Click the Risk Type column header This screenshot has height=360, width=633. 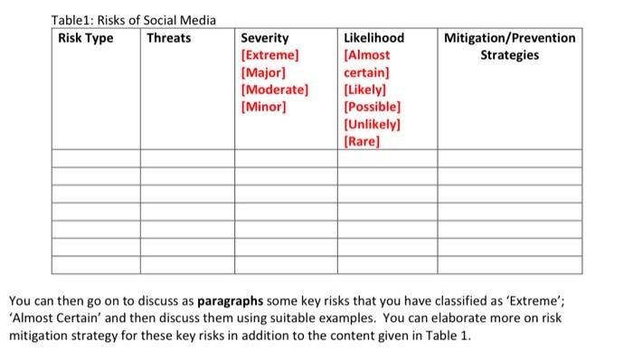85,38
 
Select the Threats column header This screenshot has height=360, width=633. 169,38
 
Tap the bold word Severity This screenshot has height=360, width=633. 265,38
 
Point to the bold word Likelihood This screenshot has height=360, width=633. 374,38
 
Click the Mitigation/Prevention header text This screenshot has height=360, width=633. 510,38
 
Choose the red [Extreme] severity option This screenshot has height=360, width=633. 269,55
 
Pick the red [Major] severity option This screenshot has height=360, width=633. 263,72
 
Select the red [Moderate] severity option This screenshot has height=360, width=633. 275,90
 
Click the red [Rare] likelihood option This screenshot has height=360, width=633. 362,141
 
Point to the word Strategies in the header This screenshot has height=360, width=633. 510,55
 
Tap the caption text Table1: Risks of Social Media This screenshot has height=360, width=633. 133,21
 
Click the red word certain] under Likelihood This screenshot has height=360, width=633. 367,72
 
